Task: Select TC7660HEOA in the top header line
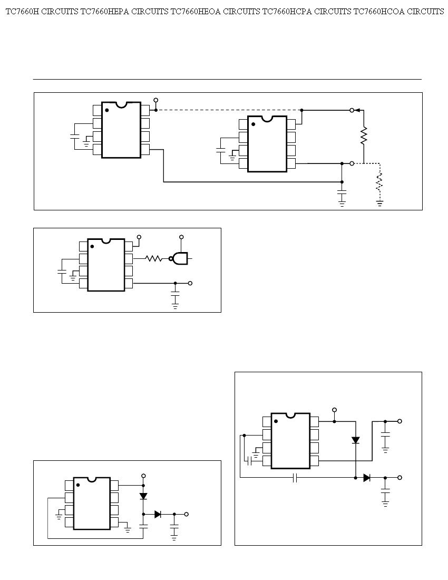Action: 193,12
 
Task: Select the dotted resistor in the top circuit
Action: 379,181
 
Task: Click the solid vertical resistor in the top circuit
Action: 364,137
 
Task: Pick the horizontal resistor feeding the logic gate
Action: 153,258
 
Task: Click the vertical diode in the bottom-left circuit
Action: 143,496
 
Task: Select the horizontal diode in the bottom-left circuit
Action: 158,514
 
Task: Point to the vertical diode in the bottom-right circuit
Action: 356,440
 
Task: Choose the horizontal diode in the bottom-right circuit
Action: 367,478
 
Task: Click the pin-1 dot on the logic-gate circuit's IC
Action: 92,246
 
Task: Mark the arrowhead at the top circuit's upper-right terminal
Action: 358,110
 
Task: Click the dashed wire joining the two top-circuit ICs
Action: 227,110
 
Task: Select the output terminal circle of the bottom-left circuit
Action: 186,514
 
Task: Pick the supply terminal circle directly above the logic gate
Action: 181,237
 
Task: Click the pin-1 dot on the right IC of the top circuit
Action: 253,124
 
